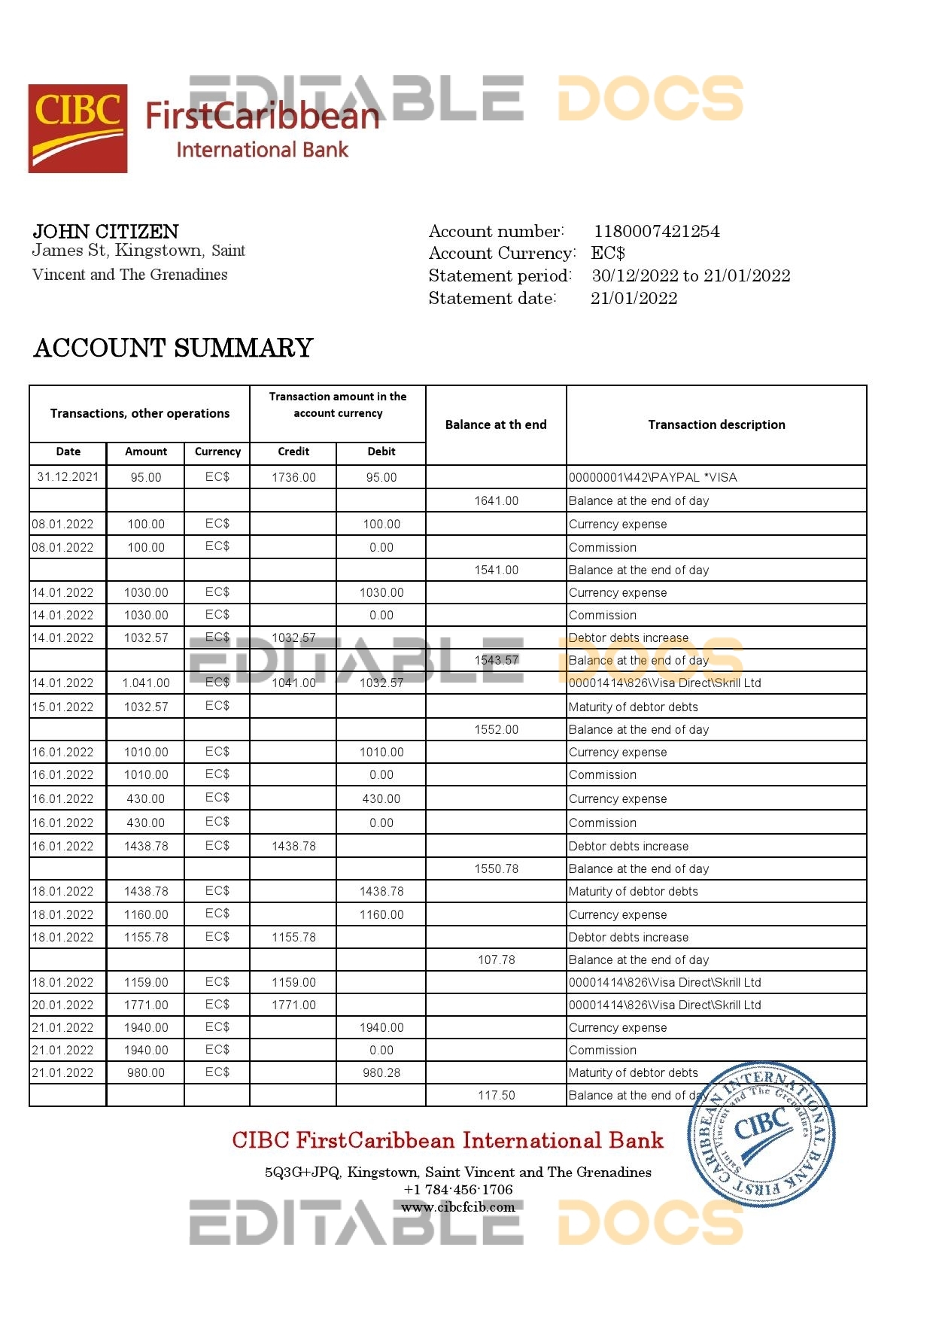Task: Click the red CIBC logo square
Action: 77,129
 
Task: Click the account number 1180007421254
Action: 656,232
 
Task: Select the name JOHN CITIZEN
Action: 106,232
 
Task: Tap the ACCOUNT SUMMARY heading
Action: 173,348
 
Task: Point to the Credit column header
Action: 293,452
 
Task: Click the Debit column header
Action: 381,452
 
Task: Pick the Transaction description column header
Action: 716,424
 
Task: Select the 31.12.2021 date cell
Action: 68,476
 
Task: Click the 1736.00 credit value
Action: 293,477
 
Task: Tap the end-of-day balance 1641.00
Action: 496,500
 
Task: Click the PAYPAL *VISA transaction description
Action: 652,477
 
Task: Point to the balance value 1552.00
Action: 496,729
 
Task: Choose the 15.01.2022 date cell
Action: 62,707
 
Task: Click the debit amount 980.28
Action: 381,1072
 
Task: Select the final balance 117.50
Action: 496,1095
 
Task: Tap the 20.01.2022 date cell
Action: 62,1005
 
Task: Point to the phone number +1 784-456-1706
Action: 458,1190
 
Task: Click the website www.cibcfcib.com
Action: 458,1207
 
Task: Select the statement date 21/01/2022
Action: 634,298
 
